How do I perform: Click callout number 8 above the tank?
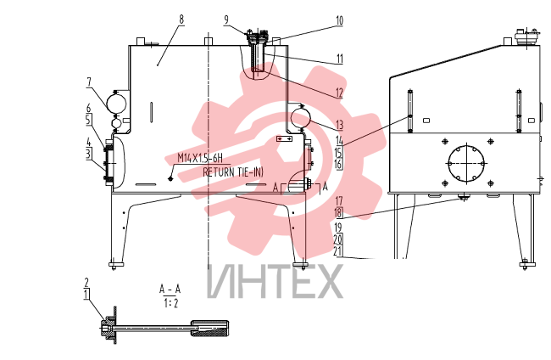tap(181, 19)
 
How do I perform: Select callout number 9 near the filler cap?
tap(226, 20)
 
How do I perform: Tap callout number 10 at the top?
tap(339, 20)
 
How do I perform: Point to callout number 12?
tap(339, 93)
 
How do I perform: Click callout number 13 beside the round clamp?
tap(339, 125)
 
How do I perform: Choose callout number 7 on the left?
tap(89, 82)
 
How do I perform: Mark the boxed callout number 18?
tap(339, 213)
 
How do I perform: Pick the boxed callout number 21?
tap(338, 251)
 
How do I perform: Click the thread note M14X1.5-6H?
tap(200, 158)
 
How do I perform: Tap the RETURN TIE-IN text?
tap(232, 172)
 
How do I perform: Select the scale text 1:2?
tap(170, 303)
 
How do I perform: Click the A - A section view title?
tap(170, 290)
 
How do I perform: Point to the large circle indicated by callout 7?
tap(116, 103)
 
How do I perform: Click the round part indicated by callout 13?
tap(301, 119)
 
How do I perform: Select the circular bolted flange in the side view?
tap(467, 163)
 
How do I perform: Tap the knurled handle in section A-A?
tap(209, 329)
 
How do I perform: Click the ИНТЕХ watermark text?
tap(275, 282)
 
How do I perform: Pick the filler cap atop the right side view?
tap(526, 37)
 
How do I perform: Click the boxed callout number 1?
tap(86, 294)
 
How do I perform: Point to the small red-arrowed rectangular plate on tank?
tap(284, 139)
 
